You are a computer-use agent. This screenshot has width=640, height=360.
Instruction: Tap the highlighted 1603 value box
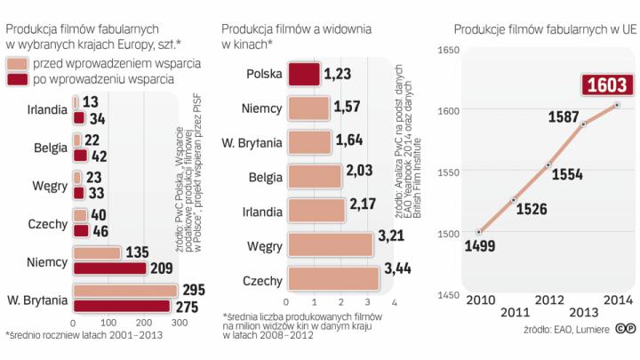611,85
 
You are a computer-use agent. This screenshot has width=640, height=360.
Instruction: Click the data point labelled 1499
480,231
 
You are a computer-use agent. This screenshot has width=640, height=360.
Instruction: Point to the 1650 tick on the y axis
449,49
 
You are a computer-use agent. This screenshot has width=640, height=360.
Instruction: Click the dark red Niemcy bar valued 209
109,268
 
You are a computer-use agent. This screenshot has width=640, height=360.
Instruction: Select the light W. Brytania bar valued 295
125,291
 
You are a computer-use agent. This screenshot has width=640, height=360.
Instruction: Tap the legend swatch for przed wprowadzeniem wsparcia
17,64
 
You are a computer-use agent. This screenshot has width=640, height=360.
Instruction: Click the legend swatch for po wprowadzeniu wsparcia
17,81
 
